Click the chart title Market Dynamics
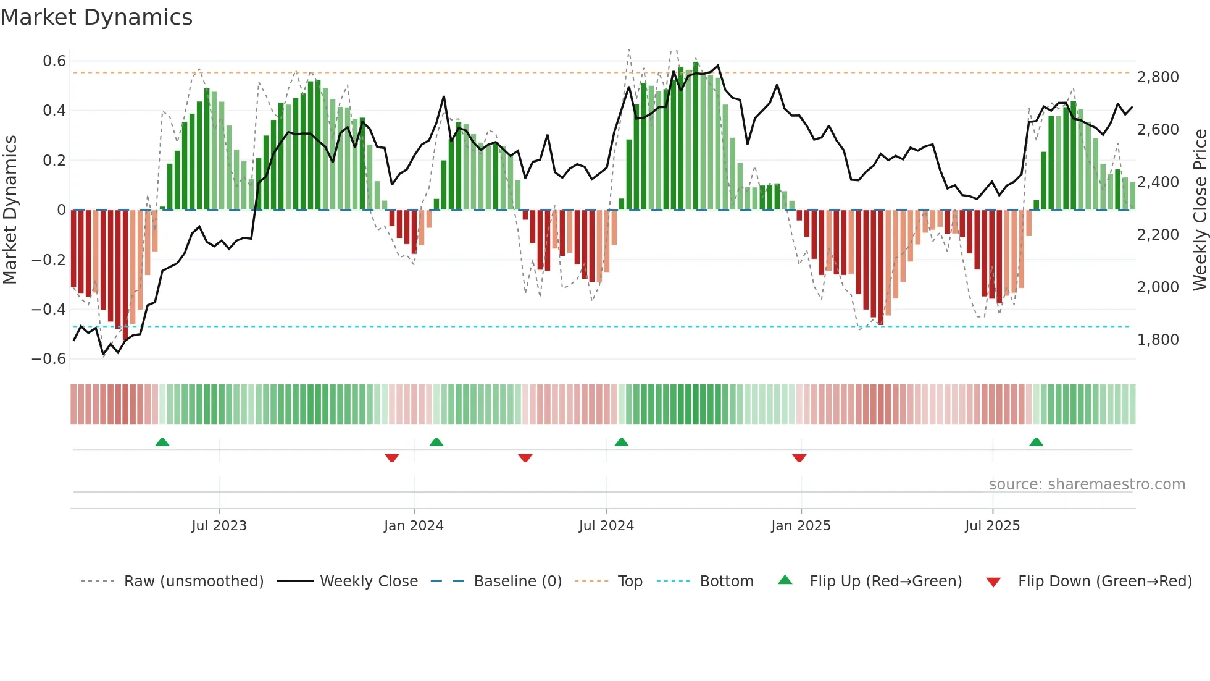(x=97, y=17)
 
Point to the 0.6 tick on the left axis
(x=54, y=61)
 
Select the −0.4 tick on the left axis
(x=49, y=309)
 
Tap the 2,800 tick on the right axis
(x=1158, y=77)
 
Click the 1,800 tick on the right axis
(x=1158, y=340)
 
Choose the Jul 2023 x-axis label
(x=219, y=526)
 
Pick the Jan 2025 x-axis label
(x=801, y=526)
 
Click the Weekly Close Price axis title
(x=1200, y=209)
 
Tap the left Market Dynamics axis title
(x=10, y=209)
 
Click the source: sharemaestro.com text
(x=1087, y=484)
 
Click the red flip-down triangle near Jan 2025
(x=799, y=458)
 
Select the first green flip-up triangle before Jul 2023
(x=162, y=442)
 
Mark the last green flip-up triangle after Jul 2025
(x=1036, y=442)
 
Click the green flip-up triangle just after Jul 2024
(x=622, y=442)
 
